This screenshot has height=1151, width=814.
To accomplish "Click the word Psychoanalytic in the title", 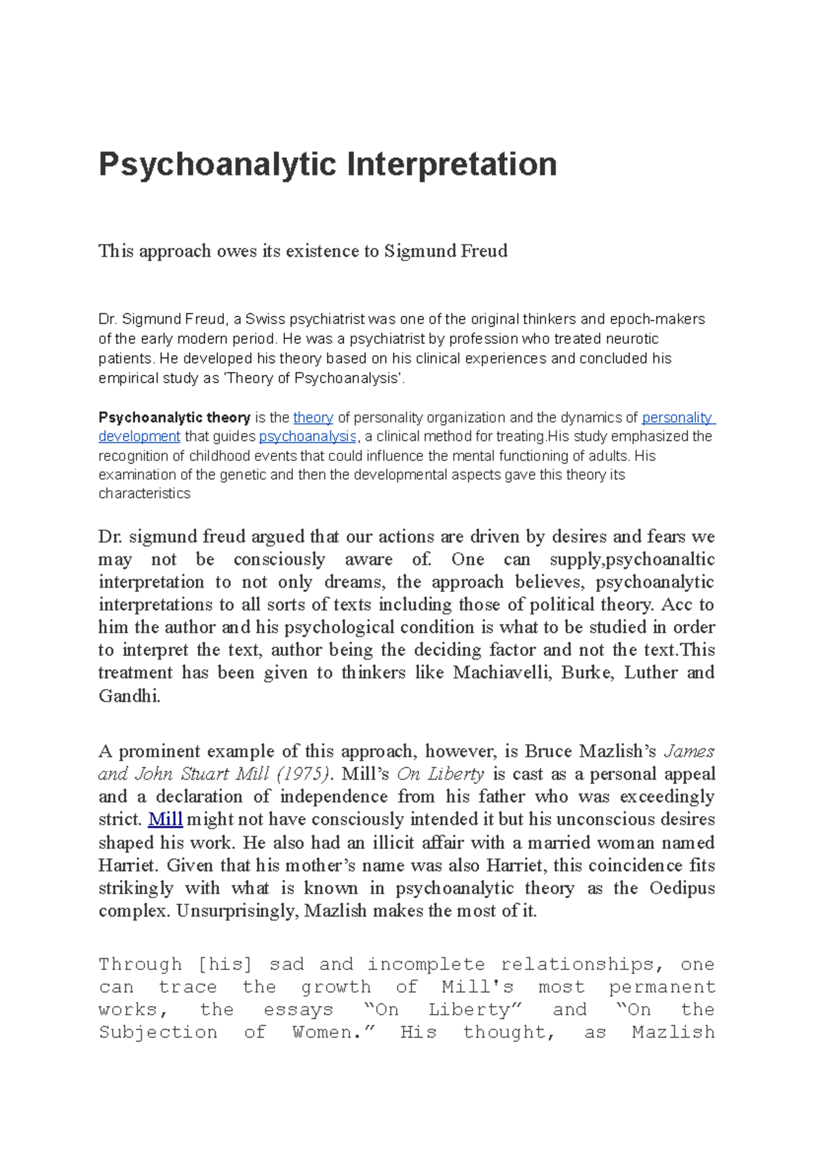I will (217, 165).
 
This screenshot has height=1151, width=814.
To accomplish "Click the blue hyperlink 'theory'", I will (313, 418).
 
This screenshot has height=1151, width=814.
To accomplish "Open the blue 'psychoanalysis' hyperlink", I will (307, 437).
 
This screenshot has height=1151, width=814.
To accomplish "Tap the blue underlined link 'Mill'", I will (166, 820).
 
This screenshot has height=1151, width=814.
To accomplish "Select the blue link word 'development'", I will (139, 437).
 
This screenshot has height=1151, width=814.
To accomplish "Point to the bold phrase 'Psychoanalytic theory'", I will (174, 418).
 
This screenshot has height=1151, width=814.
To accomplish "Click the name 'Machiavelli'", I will (502, 673).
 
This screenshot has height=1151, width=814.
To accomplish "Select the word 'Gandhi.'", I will (130, 696).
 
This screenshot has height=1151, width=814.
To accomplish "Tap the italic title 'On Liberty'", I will (440, 774).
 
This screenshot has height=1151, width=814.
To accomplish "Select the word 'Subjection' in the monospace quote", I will (157, 1033).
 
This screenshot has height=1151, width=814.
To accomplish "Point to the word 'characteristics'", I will (144, 493).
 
